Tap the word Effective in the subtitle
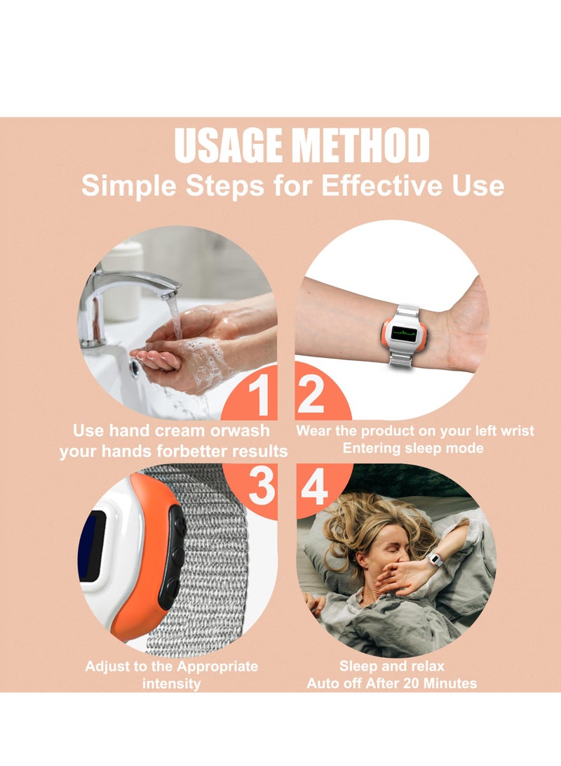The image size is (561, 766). point(378,185)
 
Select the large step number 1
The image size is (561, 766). point(261,396)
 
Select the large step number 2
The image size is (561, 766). point(311,396)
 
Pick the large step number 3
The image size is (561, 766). point(262,487)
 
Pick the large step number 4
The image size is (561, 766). point(314,487)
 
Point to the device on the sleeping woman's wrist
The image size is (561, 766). point(435,560)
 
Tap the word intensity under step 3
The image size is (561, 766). point(171,682)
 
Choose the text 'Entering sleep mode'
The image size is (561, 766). point(412,448)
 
